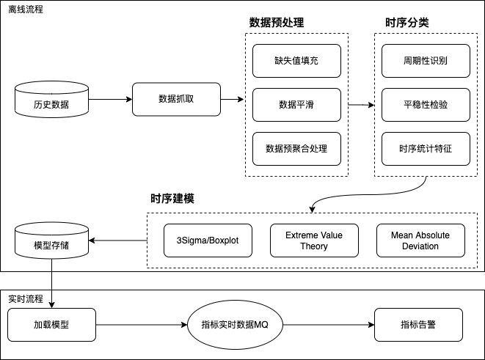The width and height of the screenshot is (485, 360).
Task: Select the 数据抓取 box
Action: click(x=176, y=99)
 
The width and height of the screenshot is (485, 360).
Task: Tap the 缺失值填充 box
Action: click(x=296, y=61)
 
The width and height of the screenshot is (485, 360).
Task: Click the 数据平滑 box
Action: click(x=296, y=105)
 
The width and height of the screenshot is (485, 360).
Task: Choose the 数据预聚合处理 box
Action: click(x=296, y=149)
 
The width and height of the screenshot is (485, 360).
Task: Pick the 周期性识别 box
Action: click(x=426, y=61)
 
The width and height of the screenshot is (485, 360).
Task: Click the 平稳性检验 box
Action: click(x=426, y=105)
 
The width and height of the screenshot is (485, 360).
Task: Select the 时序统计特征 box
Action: click(x=426, y=149)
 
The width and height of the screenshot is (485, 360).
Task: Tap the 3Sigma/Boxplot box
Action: click(x=208, y=240)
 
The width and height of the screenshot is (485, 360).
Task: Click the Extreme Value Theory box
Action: click(x=314, y=240)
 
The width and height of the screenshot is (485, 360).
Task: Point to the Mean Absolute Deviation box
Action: click(x=420, y=240)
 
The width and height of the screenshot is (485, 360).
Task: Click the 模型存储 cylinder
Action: click(x=51, y=241)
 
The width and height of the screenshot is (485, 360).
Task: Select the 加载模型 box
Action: click(x=51, y=323)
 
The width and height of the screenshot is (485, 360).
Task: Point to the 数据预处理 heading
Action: click(x=276, y=23)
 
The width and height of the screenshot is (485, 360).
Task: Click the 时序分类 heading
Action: click(x=407, y=23)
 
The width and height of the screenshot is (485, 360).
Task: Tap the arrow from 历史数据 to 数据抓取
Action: click(x=109, y=99)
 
